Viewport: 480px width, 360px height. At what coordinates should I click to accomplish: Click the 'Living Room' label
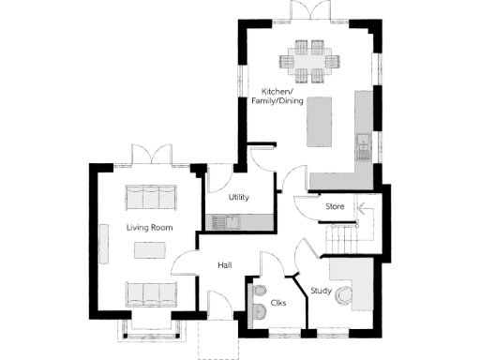148,226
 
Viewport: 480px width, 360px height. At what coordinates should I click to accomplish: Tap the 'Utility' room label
239,198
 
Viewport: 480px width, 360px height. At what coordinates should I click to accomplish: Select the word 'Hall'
225,265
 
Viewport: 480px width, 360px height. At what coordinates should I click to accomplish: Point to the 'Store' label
335,205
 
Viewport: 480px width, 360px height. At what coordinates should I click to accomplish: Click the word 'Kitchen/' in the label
276,92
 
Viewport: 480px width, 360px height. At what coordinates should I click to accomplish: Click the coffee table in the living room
149,249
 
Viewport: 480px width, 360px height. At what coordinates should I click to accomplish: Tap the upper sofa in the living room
150,197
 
